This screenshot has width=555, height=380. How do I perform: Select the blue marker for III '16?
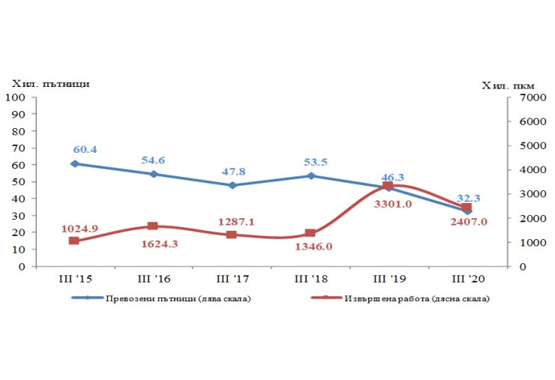click(x=153, y=174)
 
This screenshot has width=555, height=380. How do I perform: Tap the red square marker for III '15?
click(x=74, y=241)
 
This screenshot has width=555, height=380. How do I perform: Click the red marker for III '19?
click(x=388, y=186)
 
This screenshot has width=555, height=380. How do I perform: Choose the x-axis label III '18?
click(x=309, y=279)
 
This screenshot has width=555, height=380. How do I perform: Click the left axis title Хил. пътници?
click(x=51, y=83)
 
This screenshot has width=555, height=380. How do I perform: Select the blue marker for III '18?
click(x=310, y=176)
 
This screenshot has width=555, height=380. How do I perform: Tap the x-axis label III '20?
click(x=466, y=279)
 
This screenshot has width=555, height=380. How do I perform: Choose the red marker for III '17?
click(x=231, y=235)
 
